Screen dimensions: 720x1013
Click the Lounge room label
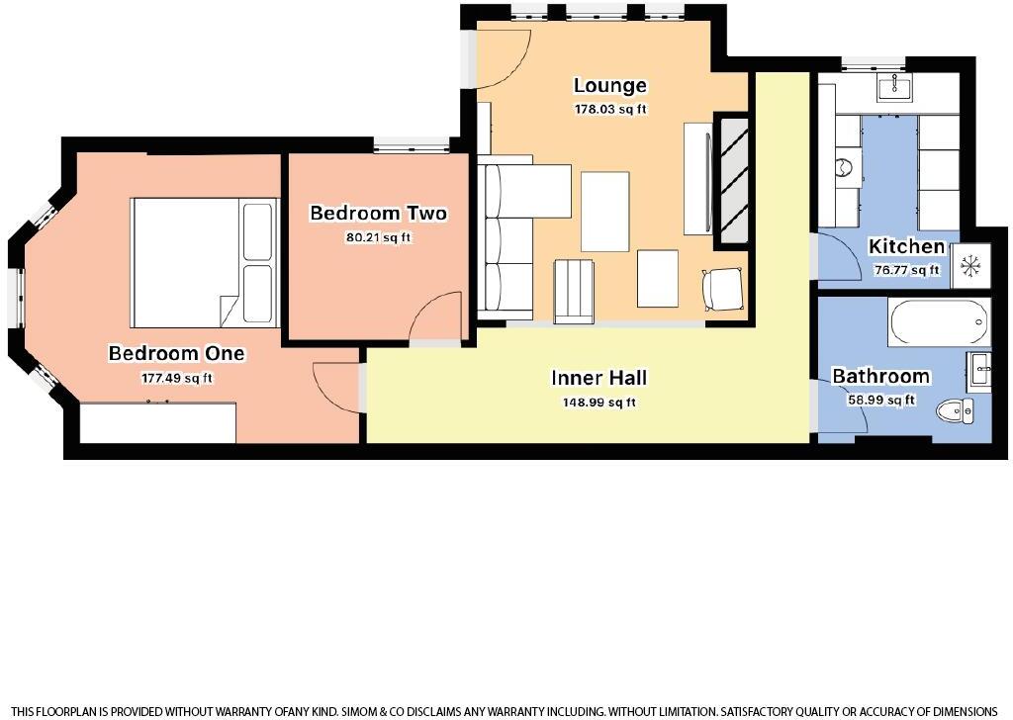click(x=610, y=86)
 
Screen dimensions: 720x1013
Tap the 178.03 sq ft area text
click(x=610, y=110)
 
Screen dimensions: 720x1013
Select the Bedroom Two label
click(x=378, y=214)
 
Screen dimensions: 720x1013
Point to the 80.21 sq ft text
click(x=378, y=237)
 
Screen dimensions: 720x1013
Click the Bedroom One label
click(x=176, y=354)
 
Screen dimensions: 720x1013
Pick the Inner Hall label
click(x=599, y=378)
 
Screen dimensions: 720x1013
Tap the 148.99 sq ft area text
click(x=599, y=402)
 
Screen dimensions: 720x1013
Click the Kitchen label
click(x=906, y=247)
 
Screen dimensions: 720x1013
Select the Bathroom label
click(x=880, y=377)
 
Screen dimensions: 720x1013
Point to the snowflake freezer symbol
click(x=970, y=266)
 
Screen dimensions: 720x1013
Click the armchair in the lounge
click(x=723, y=290)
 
